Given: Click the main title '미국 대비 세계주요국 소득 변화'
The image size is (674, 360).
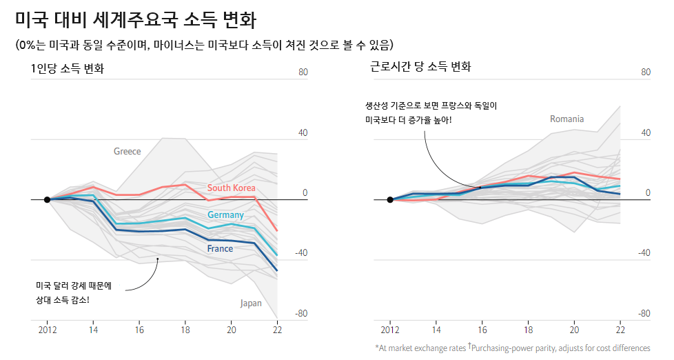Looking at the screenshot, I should point(135,21).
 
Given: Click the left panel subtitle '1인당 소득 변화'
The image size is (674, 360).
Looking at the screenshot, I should point(68,68).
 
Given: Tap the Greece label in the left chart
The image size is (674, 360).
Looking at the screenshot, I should point(127,151).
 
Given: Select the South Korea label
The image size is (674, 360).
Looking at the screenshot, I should point(231,188).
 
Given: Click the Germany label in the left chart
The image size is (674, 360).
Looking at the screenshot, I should point(225,215).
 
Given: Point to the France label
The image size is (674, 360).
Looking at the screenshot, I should point(220,248).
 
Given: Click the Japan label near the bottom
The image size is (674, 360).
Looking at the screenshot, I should point(251,303).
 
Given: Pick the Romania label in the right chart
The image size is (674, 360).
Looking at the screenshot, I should point(566,119).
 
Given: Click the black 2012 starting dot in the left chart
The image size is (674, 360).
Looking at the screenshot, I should point(47,200).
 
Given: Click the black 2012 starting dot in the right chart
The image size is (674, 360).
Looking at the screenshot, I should point(390,200).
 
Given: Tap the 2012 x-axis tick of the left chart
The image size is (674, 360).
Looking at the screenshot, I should point(47,330).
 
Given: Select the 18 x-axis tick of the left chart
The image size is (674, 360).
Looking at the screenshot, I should point(185,330).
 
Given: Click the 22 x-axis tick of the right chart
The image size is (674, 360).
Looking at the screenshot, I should point(620,330).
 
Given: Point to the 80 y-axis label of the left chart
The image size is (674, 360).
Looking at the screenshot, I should point(302,72).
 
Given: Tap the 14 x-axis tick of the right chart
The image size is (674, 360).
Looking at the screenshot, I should point(436,330).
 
